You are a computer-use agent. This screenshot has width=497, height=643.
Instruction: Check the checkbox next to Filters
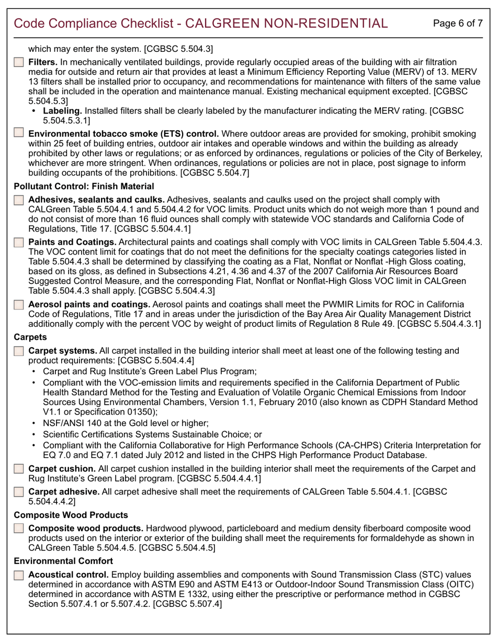click(x=19, y=63)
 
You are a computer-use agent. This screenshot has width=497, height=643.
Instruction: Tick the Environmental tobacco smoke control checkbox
click(x=19, y=134)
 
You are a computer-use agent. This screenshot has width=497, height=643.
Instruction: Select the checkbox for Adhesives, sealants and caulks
click(x=19, y=200)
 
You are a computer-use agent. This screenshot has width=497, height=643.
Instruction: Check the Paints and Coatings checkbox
click(x=19, y=243)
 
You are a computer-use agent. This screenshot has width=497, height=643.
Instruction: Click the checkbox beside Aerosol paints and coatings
click(x=19, y=305)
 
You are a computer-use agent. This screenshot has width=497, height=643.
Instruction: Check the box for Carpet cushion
click(x=19, y=469)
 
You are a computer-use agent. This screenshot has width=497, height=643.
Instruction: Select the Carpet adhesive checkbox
click(x=19, y=492)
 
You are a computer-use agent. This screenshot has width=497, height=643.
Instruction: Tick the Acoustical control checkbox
click(x=19, y=575)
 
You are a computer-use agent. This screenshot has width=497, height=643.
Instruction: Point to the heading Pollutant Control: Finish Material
click(x=84, y=186)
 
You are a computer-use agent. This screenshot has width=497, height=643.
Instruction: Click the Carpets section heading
click(x=30, y=337)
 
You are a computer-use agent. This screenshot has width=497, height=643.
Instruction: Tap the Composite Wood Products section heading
click(x=71, y=515)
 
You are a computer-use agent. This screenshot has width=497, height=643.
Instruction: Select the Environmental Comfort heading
click(x=63, y=561)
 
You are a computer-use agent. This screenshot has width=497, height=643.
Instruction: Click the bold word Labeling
click(x=62, y=111)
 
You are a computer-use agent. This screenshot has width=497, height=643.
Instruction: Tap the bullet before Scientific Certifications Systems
click(x=35, y=434)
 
